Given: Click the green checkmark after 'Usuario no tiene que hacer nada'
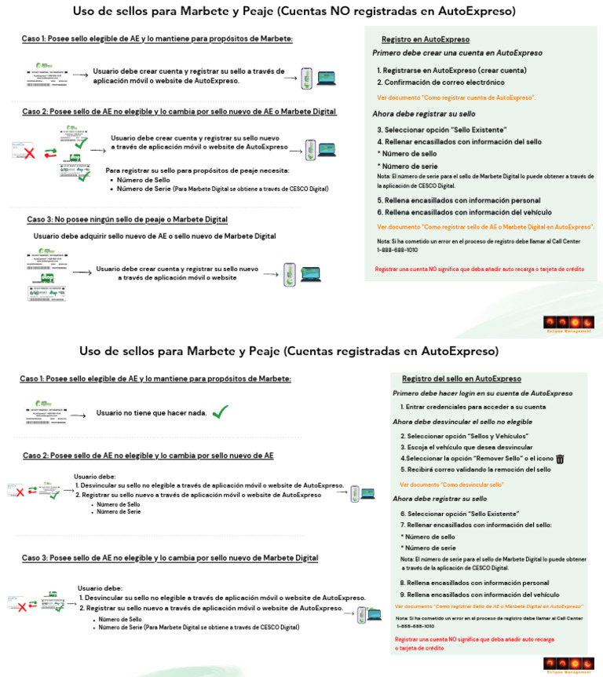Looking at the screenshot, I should point(221,412).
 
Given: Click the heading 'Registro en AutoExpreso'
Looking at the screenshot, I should point(426,39).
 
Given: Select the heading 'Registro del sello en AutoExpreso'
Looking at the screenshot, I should point(461,379).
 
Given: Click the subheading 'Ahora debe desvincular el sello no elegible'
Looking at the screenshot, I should point(462,422).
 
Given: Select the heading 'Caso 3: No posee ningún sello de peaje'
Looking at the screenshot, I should point(127,219).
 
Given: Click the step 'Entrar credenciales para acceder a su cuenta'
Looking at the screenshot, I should point(473,407).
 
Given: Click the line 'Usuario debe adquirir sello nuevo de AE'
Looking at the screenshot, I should point(155,236).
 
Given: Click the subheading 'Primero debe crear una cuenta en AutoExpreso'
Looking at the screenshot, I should point(457,53).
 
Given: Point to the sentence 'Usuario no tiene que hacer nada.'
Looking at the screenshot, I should point(152,413).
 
